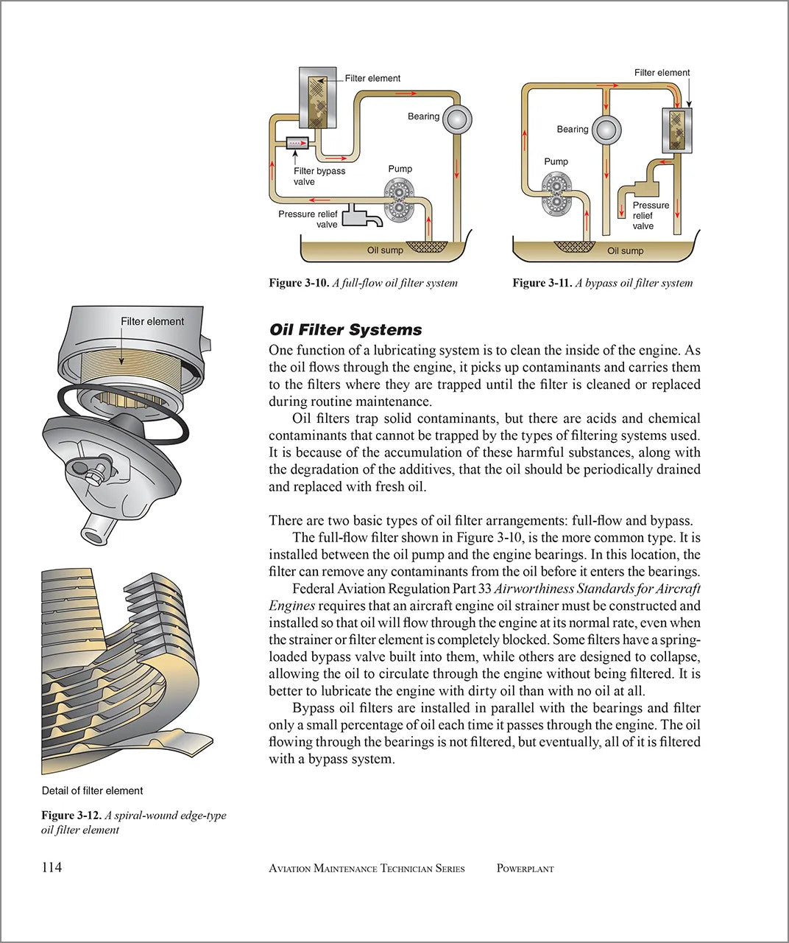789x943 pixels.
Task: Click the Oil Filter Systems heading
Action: (x=345, y=330)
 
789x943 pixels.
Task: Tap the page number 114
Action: (x=52, y=867)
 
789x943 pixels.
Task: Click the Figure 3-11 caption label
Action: (x=542, y=283)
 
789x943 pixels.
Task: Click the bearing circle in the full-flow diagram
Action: (x=456, y=119)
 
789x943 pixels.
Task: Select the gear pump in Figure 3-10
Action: (x=400, y=198)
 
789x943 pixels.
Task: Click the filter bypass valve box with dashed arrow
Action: (x=296, y=142)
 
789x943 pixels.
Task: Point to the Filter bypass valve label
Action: (x=319, y=176)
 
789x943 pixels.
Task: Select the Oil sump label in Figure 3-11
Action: (x=625, y=251)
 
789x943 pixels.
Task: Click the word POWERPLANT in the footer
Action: (x=525, y=869)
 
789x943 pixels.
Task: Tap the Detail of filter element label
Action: (x=92, y=790)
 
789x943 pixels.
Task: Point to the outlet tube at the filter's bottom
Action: (x=93, y=531)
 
